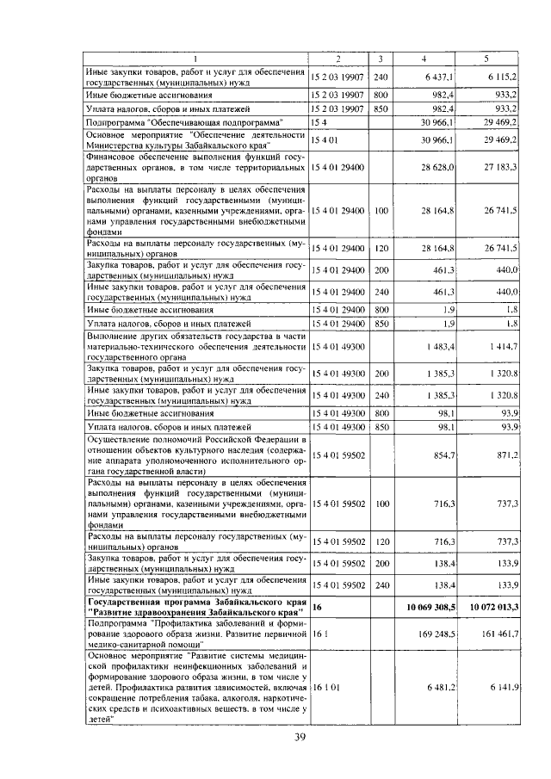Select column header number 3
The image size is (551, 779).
tap(381, 59)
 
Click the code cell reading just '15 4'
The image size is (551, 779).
tap(320, 124)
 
